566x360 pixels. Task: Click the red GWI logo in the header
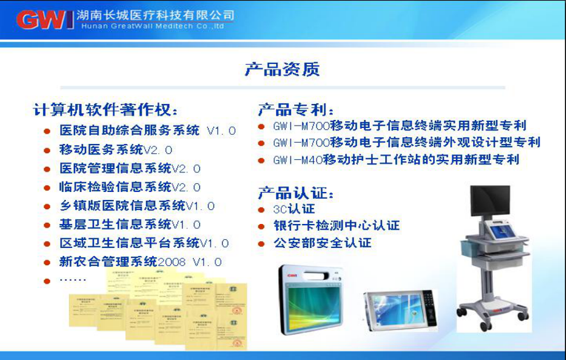44,19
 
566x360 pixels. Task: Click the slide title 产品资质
282,69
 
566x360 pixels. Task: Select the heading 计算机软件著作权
106,110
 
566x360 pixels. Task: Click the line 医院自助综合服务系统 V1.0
147,130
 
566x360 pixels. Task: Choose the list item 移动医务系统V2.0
116,150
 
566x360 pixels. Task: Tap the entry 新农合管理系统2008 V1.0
140,262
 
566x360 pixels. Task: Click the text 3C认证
293,209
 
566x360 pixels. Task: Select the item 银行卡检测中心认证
336,226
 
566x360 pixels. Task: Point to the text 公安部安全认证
322,243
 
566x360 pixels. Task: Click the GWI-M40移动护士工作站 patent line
396,160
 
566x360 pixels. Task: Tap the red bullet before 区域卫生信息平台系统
47,243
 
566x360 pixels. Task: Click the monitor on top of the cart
490,201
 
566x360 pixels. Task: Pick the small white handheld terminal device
400,308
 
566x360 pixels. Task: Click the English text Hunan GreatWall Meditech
153,26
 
